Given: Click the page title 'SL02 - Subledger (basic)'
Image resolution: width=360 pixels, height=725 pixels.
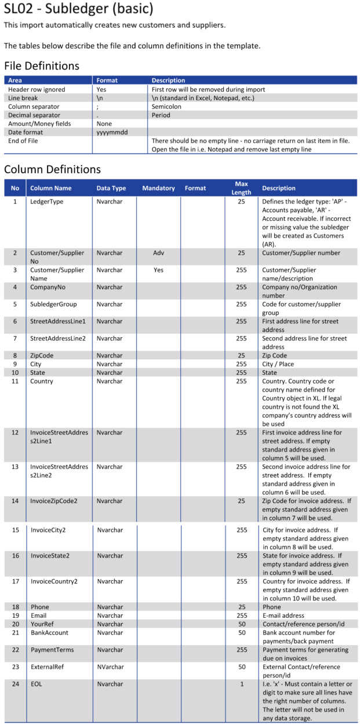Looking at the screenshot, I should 79,9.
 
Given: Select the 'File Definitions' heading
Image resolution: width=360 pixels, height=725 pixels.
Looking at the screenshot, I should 42,65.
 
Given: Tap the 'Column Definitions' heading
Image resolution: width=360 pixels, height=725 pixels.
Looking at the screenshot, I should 52,169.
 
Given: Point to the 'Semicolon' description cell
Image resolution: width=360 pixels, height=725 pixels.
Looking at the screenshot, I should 166,107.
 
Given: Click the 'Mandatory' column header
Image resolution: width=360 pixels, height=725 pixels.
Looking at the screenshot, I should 158,188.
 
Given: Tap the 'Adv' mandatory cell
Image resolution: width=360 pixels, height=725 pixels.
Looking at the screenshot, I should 159,253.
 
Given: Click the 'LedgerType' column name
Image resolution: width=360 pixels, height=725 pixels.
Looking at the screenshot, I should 46,202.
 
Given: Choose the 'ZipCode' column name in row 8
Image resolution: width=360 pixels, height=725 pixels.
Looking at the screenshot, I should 43,355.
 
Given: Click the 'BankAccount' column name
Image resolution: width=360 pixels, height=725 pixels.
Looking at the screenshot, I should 49,632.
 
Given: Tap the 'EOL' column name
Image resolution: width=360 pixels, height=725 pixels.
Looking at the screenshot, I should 36,684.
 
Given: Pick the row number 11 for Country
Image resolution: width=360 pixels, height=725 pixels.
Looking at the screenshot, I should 15,381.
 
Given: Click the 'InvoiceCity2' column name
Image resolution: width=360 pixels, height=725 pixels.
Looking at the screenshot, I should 50,530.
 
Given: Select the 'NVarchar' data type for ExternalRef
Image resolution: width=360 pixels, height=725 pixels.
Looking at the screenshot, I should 110,667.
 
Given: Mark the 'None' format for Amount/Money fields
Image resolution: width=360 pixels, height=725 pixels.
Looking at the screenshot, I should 104,123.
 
